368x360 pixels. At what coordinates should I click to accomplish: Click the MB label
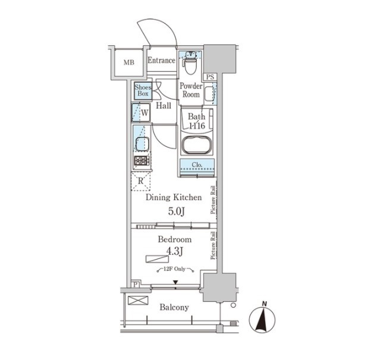(x=129, y=62)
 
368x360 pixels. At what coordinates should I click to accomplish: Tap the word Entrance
(x=162, y=60)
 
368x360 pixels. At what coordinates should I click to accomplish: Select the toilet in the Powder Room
(x=190, y=63)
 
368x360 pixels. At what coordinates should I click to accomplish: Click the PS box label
(x=210, y=77)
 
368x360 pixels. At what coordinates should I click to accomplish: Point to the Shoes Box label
(x=143, y=90)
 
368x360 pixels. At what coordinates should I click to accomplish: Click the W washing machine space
(x=141, y=112)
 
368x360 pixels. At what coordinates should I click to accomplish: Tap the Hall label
(x=163, y=106)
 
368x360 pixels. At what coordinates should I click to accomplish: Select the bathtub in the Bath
(x=197, y=145)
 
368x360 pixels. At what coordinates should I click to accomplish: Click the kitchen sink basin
(x=143, y=144)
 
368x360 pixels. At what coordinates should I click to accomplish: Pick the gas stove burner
(x=141, y=160)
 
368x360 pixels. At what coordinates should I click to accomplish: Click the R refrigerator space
(x=140, y=181)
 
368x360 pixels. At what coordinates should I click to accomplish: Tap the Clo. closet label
(x=197, y=165)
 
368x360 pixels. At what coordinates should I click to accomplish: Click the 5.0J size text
(x=176, y=211)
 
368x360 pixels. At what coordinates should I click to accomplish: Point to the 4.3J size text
(x=175, y=251)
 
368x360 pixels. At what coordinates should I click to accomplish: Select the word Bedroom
(x=175, y=239)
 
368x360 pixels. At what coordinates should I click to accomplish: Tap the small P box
(x=136, y=285)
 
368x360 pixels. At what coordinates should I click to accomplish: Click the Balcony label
(x=174, y=307)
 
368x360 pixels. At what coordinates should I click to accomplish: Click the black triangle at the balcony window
(x=175, y=282)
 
